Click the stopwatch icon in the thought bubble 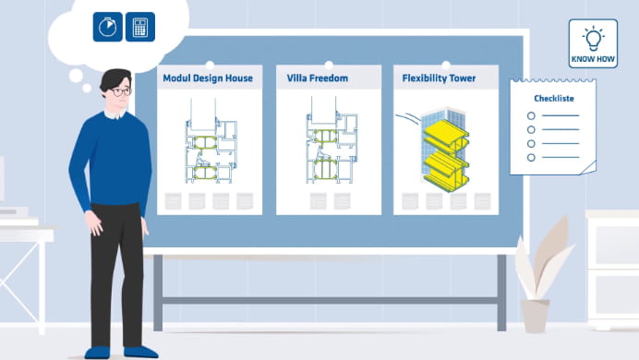pos(109,27)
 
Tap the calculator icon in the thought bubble pos(140,27)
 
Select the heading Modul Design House pos(208,78)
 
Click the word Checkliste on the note pos(554,98)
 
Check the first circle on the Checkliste pos(530,115)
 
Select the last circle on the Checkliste pos(530,158)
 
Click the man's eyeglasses pos(120,92)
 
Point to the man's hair pos(116,76)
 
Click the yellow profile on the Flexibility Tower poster pos(442,152)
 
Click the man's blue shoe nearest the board pos(140,352)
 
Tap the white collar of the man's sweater pos(117,114)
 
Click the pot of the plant pos(535,315)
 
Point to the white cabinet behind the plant pos(612,268)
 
